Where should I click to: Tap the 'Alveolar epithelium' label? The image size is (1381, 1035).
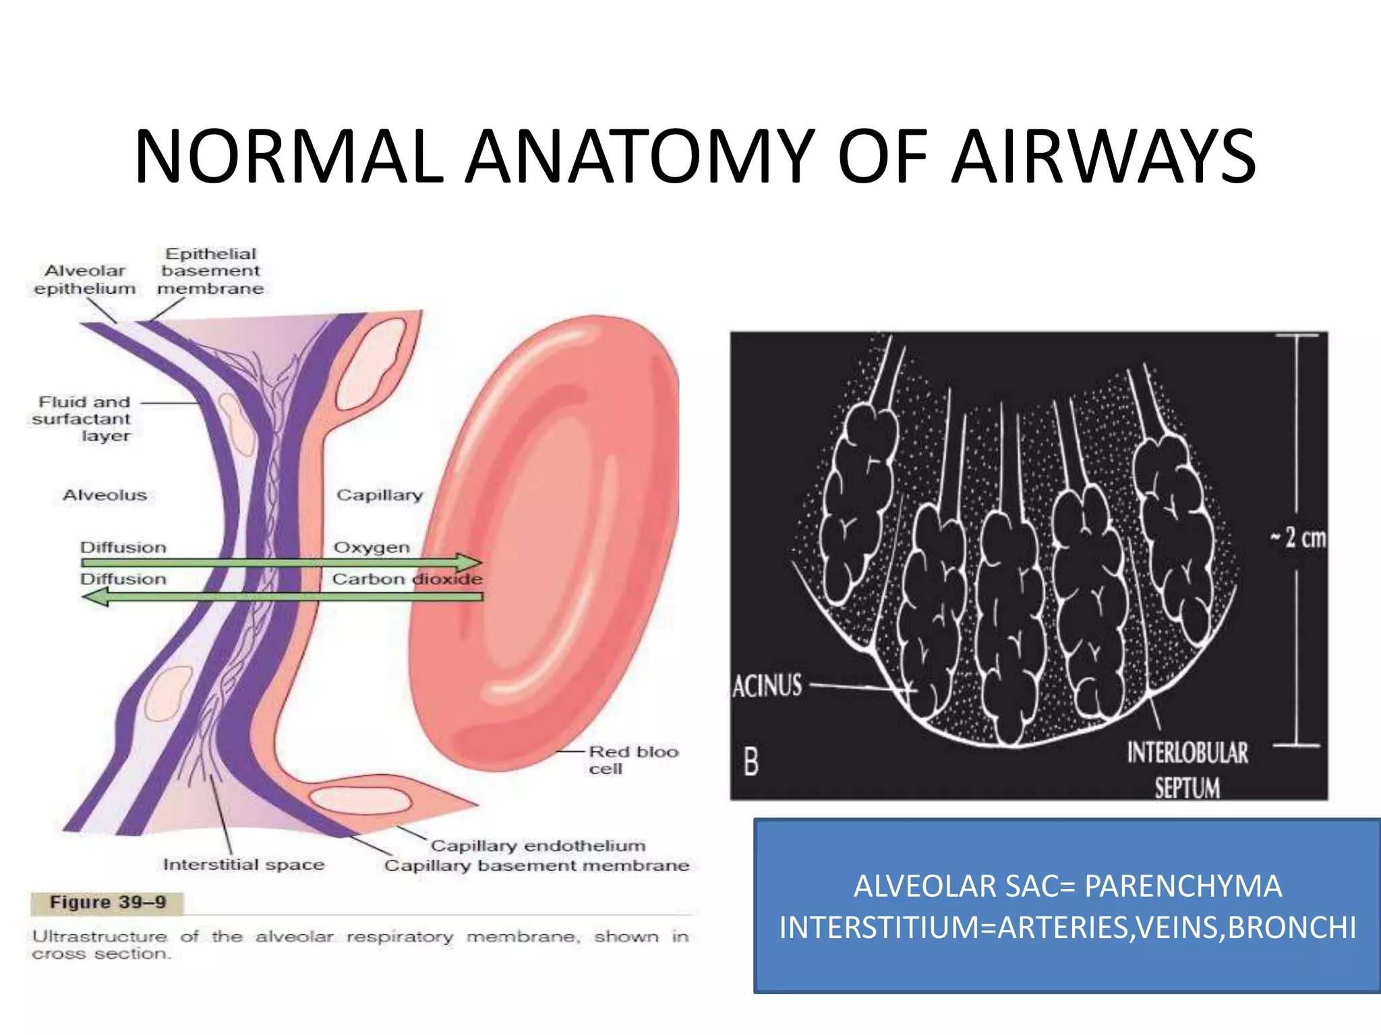coord(85,280)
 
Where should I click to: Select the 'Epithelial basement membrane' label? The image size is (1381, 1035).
coord(210,272)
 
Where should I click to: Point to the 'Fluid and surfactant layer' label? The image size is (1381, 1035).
coord(82,419)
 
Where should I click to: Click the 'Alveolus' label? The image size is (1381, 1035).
coord(105,495)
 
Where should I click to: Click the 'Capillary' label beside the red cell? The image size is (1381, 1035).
coord(380,495)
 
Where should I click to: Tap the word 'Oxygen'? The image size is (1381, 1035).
coord(372,547)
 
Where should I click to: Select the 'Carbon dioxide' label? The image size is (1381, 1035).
coord(407,579)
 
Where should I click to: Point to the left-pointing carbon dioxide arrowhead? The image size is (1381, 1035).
coord(96,596)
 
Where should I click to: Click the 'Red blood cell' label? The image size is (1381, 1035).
coord(632,760)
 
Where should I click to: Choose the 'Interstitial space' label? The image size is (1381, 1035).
coord(243,865)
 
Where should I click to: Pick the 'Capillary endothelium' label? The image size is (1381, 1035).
coord(538,846)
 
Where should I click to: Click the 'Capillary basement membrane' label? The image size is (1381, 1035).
coord(537,866)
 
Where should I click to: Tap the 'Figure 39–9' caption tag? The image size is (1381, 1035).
coord(108,902)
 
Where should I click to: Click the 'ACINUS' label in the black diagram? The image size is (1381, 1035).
coord(767,687)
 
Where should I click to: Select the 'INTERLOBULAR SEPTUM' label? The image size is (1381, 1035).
coord(1187,770)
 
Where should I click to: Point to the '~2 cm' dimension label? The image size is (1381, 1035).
coord(1298,538)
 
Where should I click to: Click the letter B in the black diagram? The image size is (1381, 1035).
coord(751,762)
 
